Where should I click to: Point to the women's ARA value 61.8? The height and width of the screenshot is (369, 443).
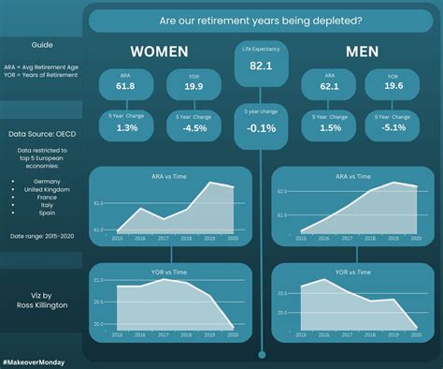click(x=125, y=85)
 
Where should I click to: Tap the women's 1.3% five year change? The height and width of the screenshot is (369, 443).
click(x=125, y=127)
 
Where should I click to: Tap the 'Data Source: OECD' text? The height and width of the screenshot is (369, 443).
click(x=41, y=134)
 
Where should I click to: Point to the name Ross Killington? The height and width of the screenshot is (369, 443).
click(x=41, y=304)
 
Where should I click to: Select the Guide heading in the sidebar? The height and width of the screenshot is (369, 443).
click(x=41, y=44)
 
